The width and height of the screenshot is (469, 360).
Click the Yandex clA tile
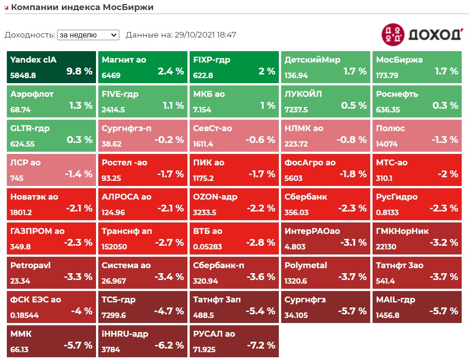pos(51,67)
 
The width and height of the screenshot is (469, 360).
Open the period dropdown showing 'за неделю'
pos(88,35)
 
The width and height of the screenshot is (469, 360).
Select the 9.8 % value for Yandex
pos(80,71)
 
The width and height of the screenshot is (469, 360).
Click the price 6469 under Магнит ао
pos(111,76)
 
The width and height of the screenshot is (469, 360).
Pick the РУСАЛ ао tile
pos(234,341)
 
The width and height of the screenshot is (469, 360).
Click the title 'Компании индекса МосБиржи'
pos(82,7)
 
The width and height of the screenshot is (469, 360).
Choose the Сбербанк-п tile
pos(234,272)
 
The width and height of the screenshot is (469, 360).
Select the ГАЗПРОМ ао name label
pos(37,231)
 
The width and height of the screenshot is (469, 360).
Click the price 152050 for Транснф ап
pos(114,247)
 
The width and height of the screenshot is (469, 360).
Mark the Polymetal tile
pos(325,272)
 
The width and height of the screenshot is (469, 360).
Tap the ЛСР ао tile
pos(51,169)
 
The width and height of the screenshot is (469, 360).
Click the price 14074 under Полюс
pos(387,144)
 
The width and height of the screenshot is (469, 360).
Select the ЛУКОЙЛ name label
pos(303,94)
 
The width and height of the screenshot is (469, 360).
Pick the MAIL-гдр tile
pos(416,307)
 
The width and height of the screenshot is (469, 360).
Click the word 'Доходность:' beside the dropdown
pos(30,35)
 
